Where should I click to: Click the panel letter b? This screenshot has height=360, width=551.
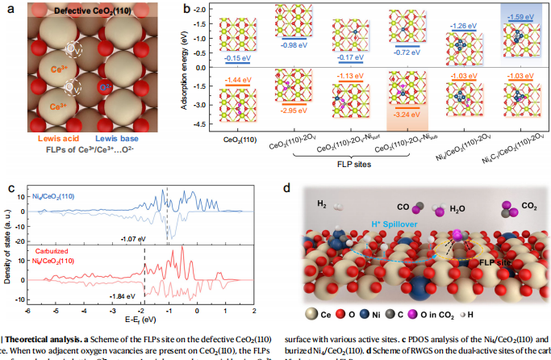tap(187, 9)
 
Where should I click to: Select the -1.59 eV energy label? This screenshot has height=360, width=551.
tap(519, 39)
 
